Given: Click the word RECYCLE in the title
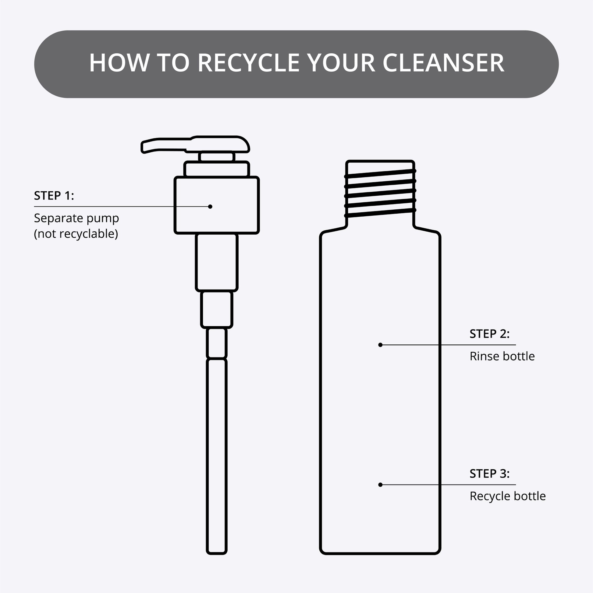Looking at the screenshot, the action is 248,63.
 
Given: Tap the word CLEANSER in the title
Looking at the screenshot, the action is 443,63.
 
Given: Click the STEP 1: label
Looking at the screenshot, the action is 54,196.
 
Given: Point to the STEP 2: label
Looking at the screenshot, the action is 490,334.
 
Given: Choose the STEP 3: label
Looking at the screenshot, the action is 490,474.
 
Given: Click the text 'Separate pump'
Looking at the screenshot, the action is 76,218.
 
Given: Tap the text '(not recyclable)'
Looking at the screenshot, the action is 76,234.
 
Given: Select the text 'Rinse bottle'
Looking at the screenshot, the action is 502,356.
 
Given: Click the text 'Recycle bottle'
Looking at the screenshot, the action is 508,496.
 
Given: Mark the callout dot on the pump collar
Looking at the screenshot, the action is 210,207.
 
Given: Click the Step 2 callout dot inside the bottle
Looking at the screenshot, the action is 380,345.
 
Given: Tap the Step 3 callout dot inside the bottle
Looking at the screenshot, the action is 380,485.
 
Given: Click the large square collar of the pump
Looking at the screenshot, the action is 217,205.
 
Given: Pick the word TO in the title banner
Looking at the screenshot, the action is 173,63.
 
